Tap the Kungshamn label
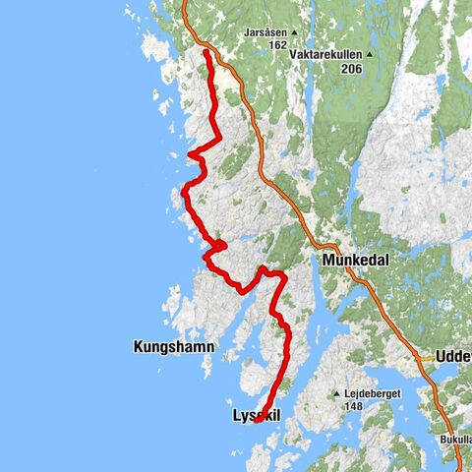(x=174, y=346)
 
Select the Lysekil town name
(x=257, y=417)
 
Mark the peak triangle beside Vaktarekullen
(x=370, y=55)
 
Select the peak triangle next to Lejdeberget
(x=337, y=394)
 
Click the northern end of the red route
(x=206, y=52)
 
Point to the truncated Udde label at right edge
(x=453, y=357)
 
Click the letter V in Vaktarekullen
(x=292, y=55)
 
